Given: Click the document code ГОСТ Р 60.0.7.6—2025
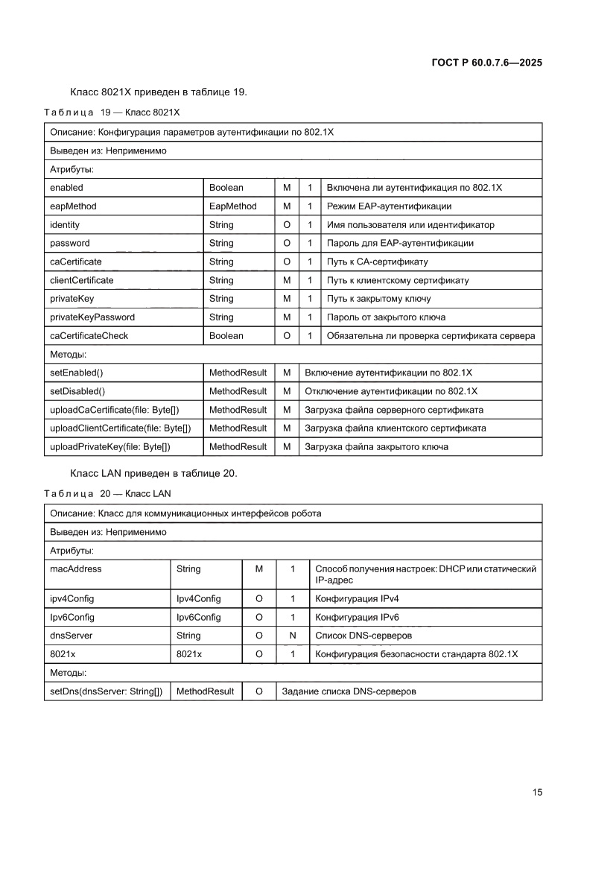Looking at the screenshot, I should coord(486,63).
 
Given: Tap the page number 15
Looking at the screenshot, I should coord(537,792).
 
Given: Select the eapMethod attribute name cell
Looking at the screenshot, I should coord(73,206).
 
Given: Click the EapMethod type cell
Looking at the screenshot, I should coord(232,206).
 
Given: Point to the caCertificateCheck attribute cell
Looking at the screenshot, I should coord(89,336).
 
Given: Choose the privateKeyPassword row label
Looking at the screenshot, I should coord(92,317).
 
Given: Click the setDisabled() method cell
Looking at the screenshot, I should coord(77,391).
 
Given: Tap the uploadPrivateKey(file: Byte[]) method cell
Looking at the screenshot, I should coord(110,447).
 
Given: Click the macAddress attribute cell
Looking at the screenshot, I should coord(75,569).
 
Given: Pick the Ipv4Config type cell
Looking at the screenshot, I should coord(198,599).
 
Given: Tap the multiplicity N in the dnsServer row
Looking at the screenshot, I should coord(293,636).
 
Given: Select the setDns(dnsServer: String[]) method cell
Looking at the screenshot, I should coord(106,691).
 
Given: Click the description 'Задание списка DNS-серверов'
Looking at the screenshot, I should coord(349,691).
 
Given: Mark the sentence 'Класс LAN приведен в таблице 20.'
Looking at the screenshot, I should coord(153,474).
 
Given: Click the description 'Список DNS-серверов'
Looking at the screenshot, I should coord(363,636).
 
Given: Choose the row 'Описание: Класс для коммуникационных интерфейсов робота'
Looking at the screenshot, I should coord(185,513).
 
